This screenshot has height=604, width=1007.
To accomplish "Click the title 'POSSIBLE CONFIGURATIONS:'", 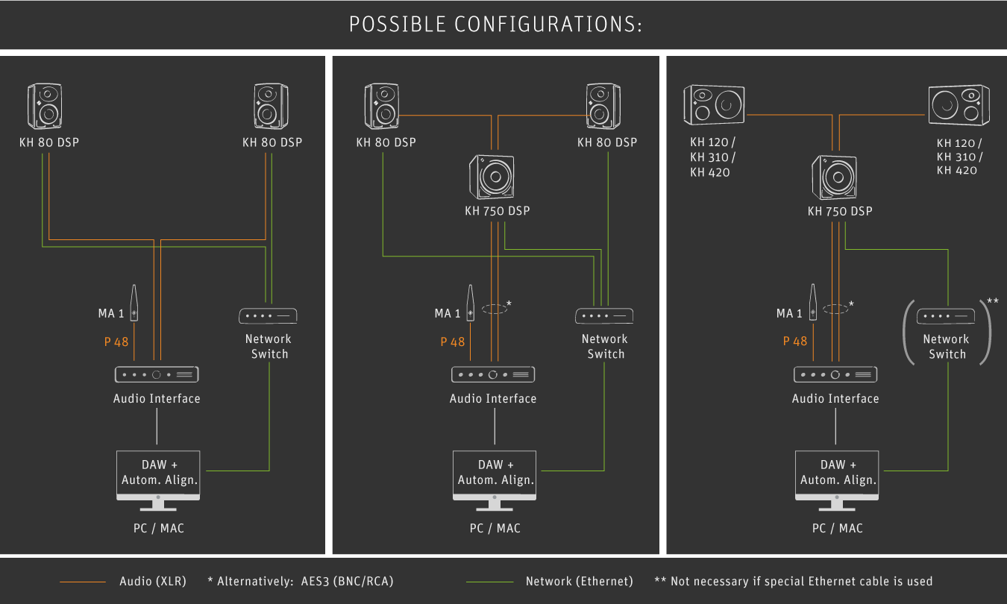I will click(x=495, y=25).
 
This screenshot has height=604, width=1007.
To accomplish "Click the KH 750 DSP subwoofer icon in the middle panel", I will click(x=492, y=177).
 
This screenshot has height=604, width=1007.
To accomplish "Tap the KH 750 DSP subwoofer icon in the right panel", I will click(x=835, y=177).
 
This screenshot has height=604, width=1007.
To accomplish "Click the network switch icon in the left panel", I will click(x=269, y=316).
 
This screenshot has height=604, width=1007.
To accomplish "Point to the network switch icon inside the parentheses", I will click(x=947, y=316).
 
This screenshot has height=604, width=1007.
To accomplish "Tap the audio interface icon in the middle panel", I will click(x=493, y=374).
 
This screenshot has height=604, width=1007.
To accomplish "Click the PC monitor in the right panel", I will click(x=836, y=477).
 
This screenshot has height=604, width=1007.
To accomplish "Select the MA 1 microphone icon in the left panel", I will click(x=134, y=302).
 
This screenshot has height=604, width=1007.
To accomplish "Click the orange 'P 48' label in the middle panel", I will click(x=452, y=342).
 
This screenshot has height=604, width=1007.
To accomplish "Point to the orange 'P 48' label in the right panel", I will click(x=795, y=342).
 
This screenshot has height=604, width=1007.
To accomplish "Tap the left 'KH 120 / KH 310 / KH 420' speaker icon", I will click(x=714, y=104).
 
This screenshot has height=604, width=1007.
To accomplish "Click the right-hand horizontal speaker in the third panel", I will click(x=959, y=104).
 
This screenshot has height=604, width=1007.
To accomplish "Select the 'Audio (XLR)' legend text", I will click(x=153, y=581).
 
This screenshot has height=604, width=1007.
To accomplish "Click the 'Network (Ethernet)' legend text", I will click(x=579, y=581).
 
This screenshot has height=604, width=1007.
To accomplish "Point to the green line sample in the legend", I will click(x=489, y=582).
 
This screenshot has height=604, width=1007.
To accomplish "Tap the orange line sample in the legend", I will click(x=83, y=582).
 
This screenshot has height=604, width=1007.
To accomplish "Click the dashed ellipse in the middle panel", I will click(x=494, y=309).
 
